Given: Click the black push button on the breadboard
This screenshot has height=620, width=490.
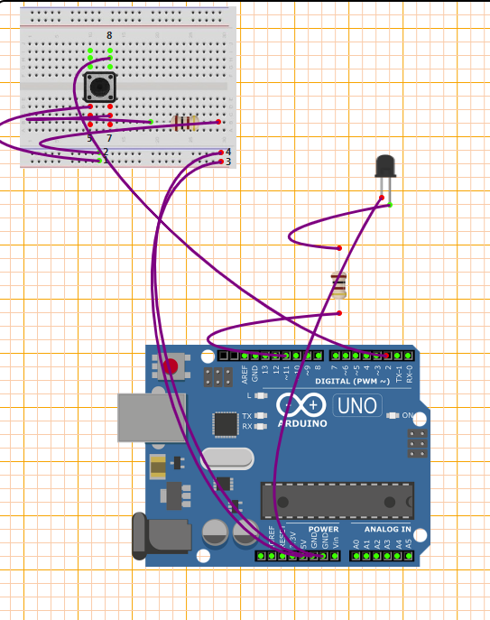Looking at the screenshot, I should (x=99, y=88).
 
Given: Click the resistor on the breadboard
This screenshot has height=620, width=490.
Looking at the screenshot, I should (x=185, y=123).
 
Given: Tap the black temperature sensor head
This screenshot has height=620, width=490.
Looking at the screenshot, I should (x=385, y=166).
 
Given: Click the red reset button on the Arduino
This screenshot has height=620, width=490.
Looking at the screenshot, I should (x=171, y=366).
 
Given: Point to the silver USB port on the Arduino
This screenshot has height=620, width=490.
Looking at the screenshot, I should (x=150, y=417).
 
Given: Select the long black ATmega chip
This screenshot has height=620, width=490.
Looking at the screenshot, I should (x=337, y=500).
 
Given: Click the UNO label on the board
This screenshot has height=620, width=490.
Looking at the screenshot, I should (x=357, y=406).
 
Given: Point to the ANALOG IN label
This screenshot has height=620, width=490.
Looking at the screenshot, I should (x=387, y=529).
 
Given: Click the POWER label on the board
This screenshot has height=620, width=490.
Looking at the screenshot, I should (x=323, y=529).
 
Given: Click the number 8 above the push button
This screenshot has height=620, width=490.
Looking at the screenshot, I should (x=109, y=35).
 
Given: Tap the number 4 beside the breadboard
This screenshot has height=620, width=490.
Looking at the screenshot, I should (x=228, y=152).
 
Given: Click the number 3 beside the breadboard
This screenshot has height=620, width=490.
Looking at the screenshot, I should (x=228, y=162).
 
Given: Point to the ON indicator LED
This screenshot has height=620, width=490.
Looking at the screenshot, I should (x=393, y=416).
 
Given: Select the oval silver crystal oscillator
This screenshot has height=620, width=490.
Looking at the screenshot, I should (x=229, y=458).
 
